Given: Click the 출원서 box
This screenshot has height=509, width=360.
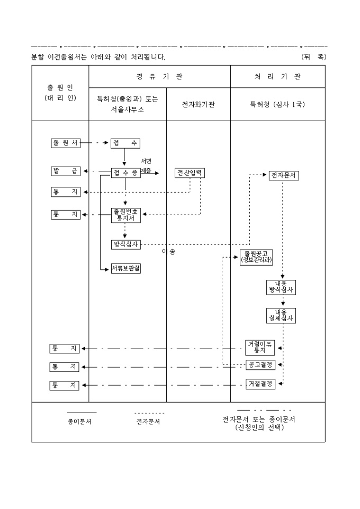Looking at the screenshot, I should click(65, 143).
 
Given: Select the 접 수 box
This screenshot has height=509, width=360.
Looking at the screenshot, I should click(125, 143).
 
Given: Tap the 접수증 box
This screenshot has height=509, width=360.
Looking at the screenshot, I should click(125, 173).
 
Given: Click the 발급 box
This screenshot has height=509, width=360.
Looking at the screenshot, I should click(65, 171).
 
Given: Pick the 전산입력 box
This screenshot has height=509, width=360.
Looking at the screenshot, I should click(190, 173).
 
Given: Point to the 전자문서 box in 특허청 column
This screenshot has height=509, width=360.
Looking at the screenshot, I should click(283, 175).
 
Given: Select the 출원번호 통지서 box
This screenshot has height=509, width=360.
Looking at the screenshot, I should click(125, 215).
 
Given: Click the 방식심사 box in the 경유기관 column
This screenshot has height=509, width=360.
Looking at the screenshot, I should click(125, 244).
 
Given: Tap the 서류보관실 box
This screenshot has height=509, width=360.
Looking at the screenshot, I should click(125, 269).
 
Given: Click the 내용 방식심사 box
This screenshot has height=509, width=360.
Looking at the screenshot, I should click(281, 287).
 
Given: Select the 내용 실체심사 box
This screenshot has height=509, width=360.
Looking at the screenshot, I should click(281, 315).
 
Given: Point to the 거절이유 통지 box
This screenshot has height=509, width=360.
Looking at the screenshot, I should click(260, 347).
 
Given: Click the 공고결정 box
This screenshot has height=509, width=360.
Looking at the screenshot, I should click(260, 365).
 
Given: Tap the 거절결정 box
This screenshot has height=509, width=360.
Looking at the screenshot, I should click(260, 384).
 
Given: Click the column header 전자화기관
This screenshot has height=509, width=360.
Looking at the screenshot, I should click(198, 104).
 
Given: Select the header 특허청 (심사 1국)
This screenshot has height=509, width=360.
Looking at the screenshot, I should click(277, 104).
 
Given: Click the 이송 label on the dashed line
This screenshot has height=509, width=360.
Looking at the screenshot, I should click(169, 252).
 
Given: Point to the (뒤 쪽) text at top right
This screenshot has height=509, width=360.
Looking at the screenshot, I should click(313, 56).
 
